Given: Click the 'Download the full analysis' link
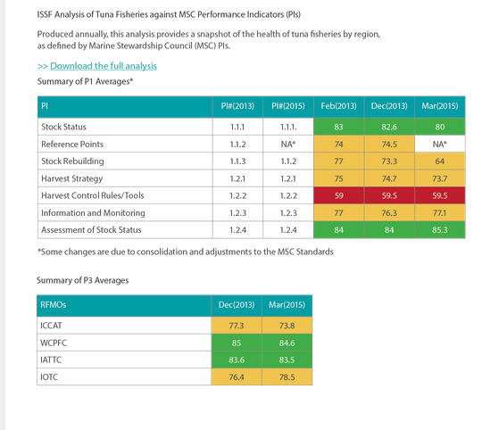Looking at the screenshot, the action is click(104, 66).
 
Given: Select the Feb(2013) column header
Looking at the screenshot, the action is click(339, 106).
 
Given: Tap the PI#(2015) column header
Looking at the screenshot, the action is click(288, 106).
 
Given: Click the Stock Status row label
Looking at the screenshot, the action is click(63, 127).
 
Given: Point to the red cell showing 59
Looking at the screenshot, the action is click(339, 195).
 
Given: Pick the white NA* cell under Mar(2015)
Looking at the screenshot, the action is click(440, 144).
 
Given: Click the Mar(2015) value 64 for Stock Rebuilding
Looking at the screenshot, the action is click(440, 161).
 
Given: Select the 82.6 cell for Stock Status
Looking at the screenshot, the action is click(389, 127).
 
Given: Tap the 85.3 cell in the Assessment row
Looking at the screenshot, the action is click(440, 230).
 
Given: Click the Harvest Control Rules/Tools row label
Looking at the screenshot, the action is click(93, 195).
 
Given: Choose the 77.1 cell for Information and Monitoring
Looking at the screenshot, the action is click(440, 213).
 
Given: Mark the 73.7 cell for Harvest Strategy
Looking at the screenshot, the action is click(440, 178).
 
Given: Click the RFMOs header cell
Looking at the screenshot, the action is click(124, 306).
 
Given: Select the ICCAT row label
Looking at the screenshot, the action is click(51, 326).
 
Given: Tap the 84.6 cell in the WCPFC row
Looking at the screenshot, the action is click(287, 343).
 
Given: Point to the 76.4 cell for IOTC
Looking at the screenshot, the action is click(237, 376).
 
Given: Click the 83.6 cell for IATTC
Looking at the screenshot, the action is click(237, 360).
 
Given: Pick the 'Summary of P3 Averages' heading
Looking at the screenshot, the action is click(82, 280).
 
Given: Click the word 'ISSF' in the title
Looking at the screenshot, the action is click(45, 15).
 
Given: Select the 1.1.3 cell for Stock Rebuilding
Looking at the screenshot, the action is click(237, 161).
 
